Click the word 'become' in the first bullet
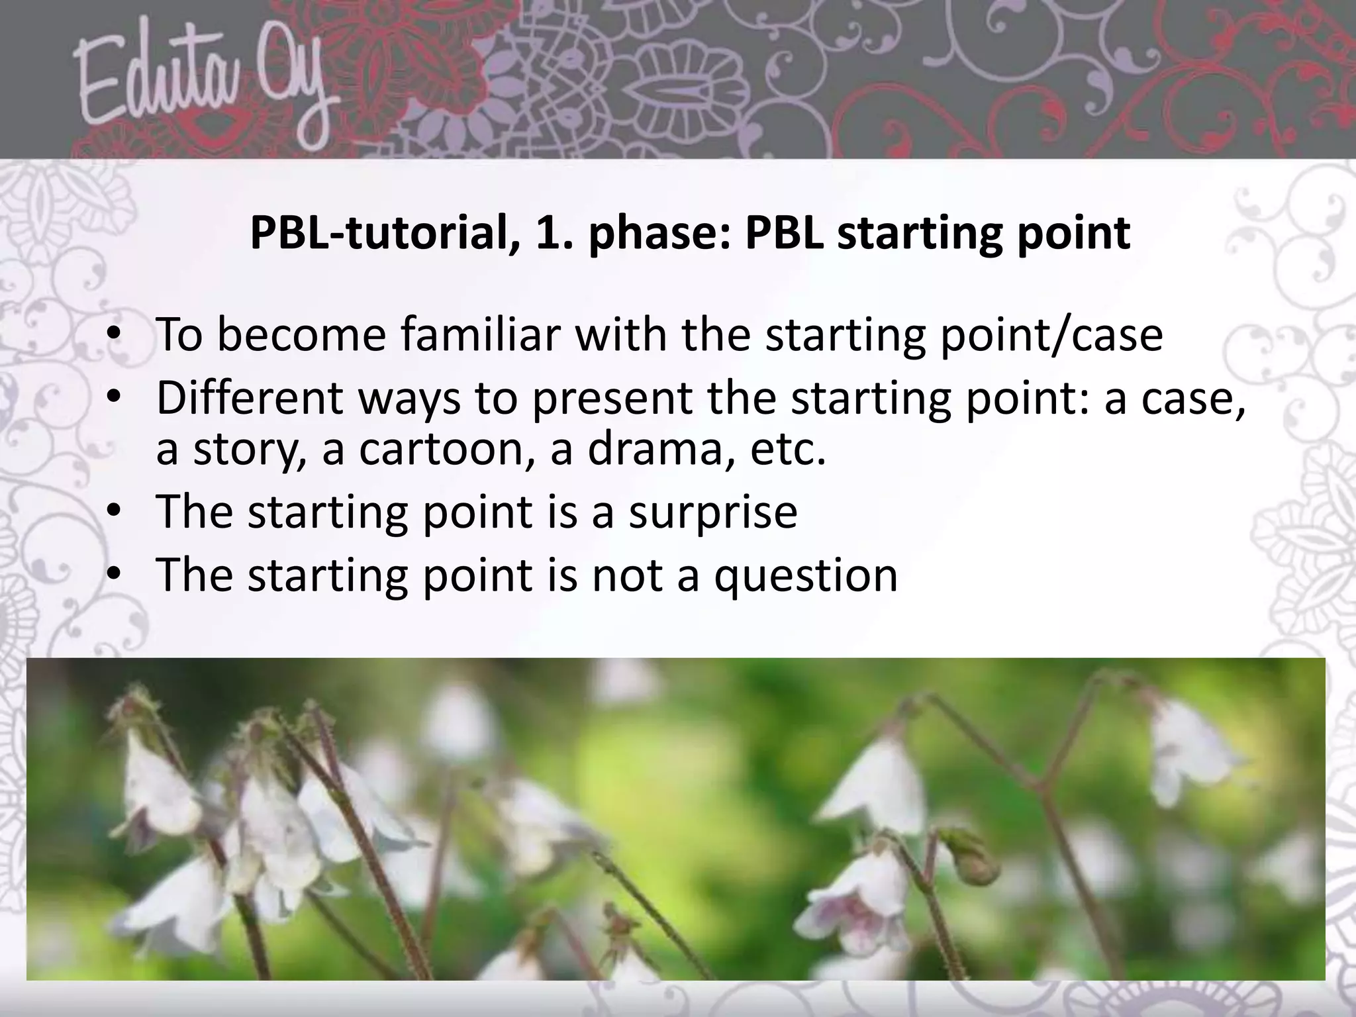pos(301,335)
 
